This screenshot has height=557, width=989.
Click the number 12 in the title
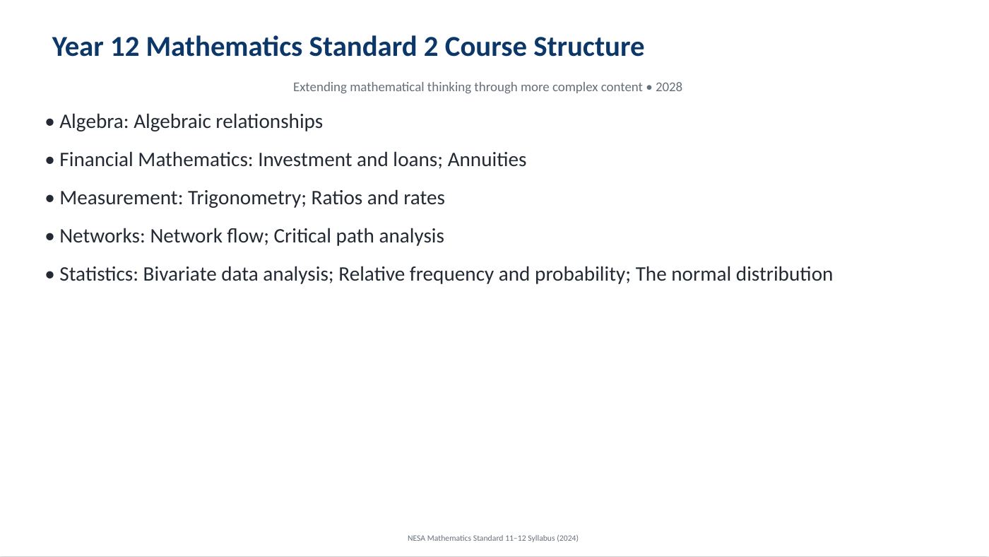pyautogui.click(x=125, y=47)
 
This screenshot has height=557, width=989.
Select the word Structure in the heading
pyautogui.click(x=588, y=47)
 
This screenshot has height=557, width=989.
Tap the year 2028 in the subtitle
pyautogui.click(x=669, y=87)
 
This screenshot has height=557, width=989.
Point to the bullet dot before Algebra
pyautogui.click(x=50, y=122)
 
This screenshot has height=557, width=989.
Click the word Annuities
pyautogui.click(x=487, y=160)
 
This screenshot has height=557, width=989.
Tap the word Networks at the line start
pyautogui.click(x=102, y=236)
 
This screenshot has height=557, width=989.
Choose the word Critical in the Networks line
pyautogui.click(x=302, y=236)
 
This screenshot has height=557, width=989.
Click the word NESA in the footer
pyautogui.click(x=416, y=538)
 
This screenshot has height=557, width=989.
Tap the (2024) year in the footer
pyautogui.click(x=567, y=538)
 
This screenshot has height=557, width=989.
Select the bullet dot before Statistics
pyautogui.click(x=50, y=275)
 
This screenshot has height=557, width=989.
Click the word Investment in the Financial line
pyautogui.click(x=304, y=160)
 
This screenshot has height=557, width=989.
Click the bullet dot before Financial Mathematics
pyautogui.click(x=50, y=160)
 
